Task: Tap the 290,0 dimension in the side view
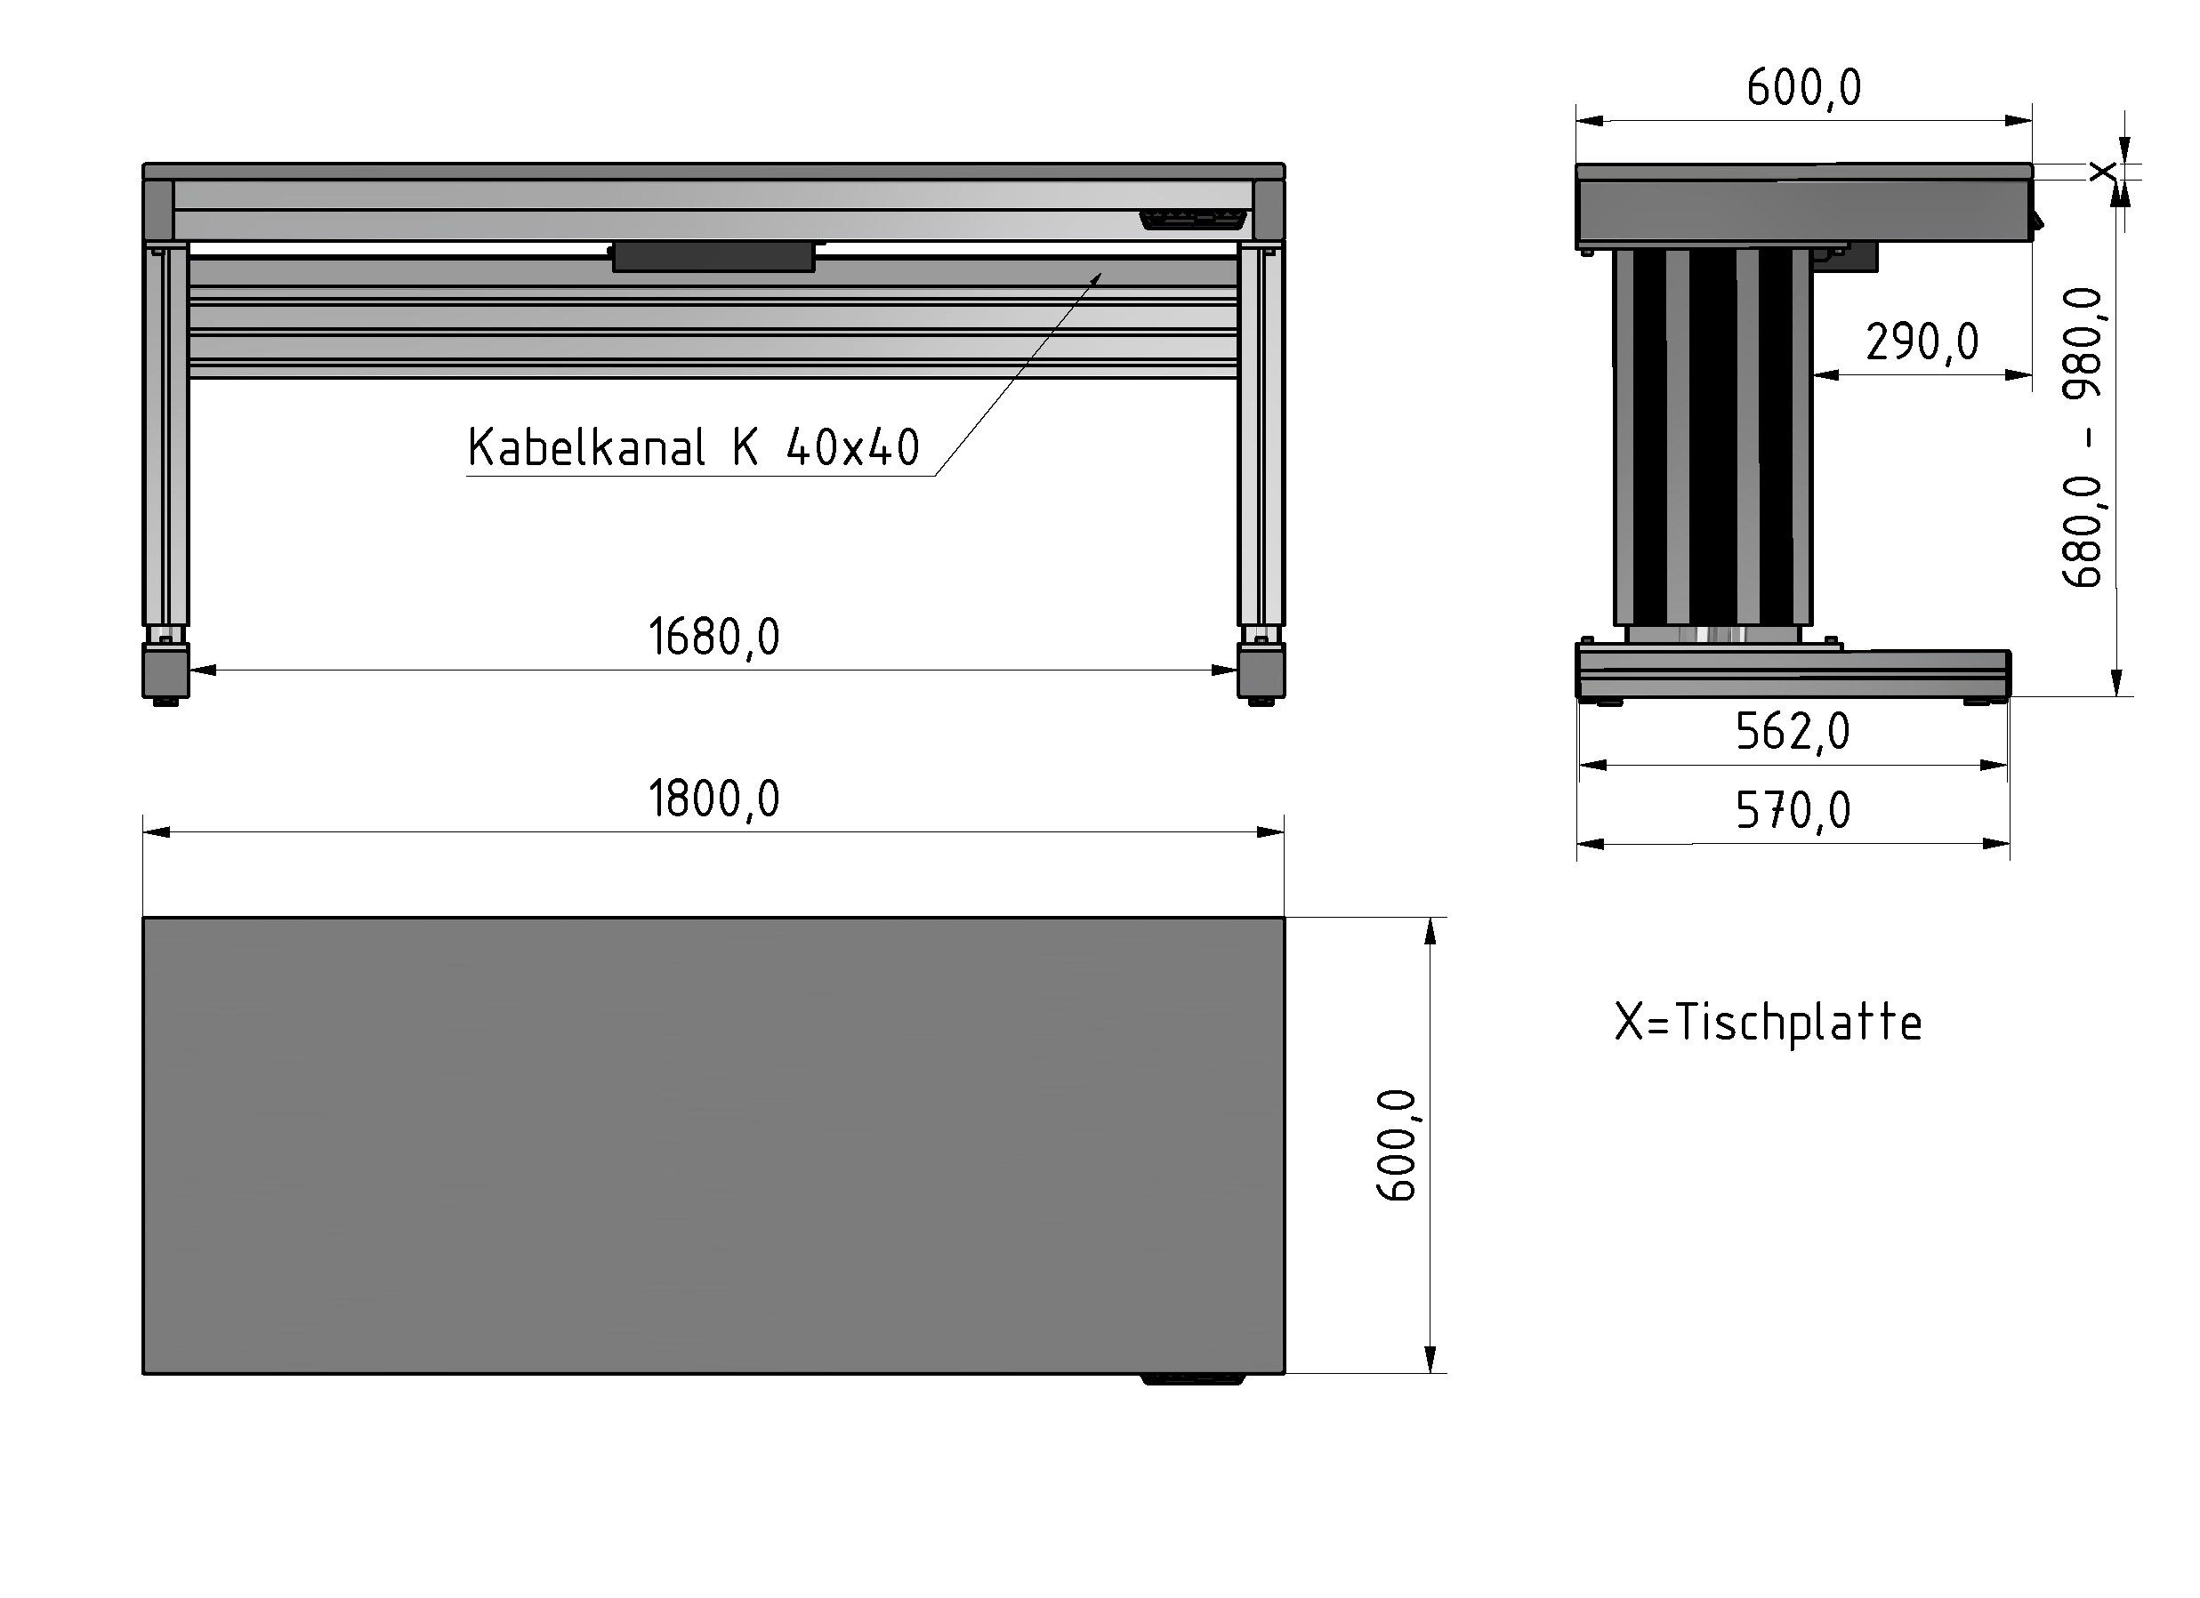tap(1921, 342)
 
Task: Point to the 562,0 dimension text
tap(1792, 732)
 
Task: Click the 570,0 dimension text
tap(1792, 811)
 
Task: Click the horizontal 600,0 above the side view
tap(1803, 88)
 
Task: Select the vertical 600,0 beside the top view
tap(1396, 1145)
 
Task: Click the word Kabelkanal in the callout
tap(586, 448)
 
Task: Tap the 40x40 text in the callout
tap(851, 448)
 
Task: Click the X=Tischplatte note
tap(1768, 1023)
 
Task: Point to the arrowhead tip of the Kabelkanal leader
tap(1100, 275)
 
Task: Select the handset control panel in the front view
tap(1192, 221)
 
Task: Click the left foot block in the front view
tap(165, 671)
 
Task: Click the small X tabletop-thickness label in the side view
tap(2102, 173)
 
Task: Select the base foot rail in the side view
tap(1792, 673)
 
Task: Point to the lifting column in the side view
tap(1712, 437)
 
